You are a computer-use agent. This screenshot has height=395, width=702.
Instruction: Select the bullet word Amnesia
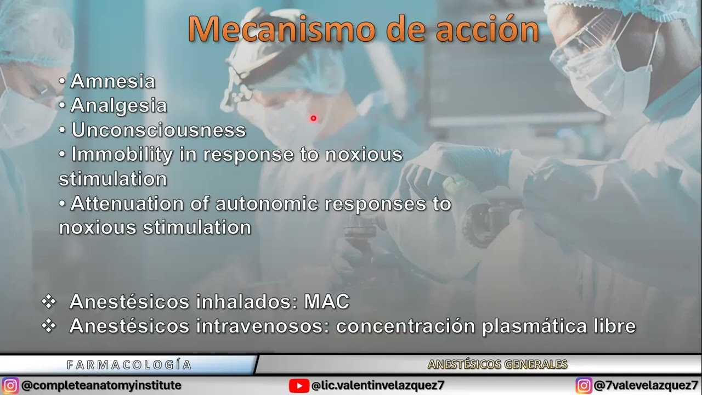click(x=112, y=82)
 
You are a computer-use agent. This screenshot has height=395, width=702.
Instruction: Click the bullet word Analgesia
click(x=118, y=106)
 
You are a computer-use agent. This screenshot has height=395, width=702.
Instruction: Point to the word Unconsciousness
click(x=158, y=131)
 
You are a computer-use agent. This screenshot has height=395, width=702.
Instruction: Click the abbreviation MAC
click(x=326, y=302)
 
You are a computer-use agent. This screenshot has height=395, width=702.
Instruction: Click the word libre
click(x=615, y=326)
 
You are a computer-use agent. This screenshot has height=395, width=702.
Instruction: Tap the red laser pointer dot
click(x=313, y=118)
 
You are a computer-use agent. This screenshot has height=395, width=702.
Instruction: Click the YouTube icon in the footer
click(x=299, y=386)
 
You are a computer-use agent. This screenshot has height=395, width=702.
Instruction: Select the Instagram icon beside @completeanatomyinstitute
click(x=10, y=386)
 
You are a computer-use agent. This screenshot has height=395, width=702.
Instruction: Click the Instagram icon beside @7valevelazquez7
click(x=584, y=386)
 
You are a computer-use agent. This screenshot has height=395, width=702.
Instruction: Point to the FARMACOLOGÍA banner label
click(x=129, y=365)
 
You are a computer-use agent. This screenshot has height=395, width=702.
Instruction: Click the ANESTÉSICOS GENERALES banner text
click(x=497, y=365)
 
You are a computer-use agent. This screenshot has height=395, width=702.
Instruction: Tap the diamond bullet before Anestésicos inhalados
click(x=49, y=302)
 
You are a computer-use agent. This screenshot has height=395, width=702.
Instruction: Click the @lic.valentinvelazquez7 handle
click(x=378, y=386)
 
